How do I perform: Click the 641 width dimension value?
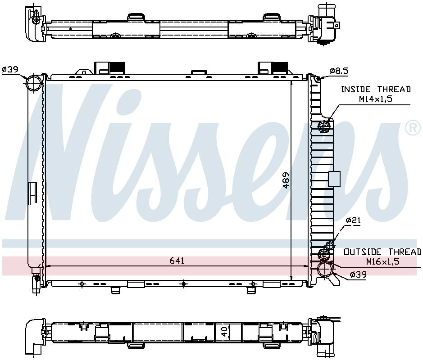coord(177,261)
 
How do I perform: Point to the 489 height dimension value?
coord(286,180)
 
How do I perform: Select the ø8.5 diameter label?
coord(339,71)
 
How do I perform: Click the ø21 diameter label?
coord(354,220)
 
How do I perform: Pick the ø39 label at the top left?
coord(9,69)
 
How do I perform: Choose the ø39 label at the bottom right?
coord(359,274)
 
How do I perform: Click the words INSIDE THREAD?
coord(376,90)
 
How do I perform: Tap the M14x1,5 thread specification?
coord(376,99)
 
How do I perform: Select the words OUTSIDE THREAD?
coord(382,252)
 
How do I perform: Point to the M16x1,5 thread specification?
coord(382,261)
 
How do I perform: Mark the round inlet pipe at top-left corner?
coord(34,84)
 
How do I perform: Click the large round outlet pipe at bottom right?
coord(325,269)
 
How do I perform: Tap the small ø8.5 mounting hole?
coord(318,79)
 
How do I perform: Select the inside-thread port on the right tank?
coord(325,127)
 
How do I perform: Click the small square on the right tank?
coord(334,179)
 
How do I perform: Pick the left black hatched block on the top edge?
coord(117,67)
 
